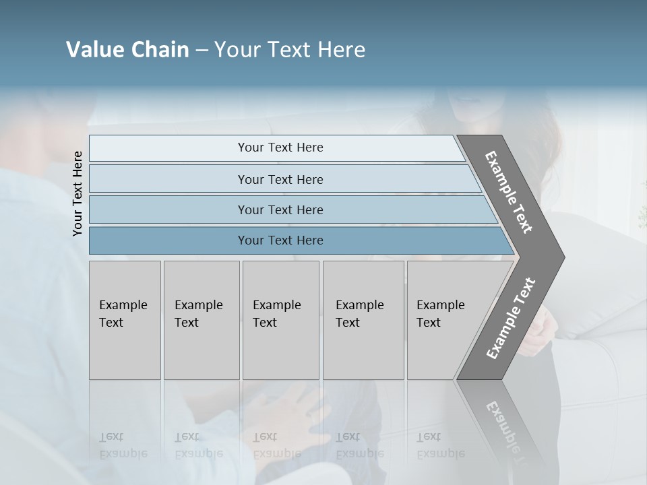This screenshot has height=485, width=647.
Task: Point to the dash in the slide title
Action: coord(202,51)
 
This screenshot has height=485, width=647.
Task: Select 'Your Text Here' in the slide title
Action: coord(290,50)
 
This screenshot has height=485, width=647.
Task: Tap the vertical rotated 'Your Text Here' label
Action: coord(78,193)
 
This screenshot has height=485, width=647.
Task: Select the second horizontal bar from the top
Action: coord(280,179)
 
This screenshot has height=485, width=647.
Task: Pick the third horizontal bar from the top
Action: coord(280,209)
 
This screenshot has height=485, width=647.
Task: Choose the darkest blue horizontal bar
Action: coord(280,240)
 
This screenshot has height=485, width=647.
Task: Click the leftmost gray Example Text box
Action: coord(125,319)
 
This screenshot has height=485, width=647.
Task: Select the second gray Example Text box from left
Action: coord(201,319)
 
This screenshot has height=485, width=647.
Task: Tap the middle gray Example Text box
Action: coord(280,319)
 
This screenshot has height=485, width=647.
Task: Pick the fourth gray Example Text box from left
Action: coord(363,319)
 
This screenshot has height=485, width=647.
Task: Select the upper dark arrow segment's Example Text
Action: coord(509,192)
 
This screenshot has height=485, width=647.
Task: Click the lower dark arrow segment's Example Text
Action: coord(511,318)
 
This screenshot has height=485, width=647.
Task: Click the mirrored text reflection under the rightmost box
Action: coord(440,445)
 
